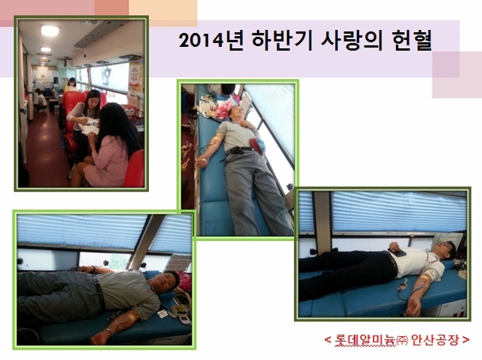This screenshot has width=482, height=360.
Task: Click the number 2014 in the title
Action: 201,41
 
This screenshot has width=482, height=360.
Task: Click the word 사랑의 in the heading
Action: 351,40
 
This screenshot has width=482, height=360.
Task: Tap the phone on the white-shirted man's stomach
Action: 397,252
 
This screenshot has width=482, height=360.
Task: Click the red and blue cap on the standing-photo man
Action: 257,145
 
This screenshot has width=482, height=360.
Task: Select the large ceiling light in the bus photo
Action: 50,31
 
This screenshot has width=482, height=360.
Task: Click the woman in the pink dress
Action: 108,146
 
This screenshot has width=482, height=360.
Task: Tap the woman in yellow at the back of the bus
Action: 71,85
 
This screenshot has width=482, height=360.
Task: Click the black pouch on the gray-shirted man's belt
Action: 236,150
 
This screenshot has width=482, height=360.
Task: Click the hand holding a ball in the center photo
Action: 202,161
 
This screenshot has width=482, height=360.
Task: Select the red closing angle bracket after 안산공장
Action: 466,340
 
